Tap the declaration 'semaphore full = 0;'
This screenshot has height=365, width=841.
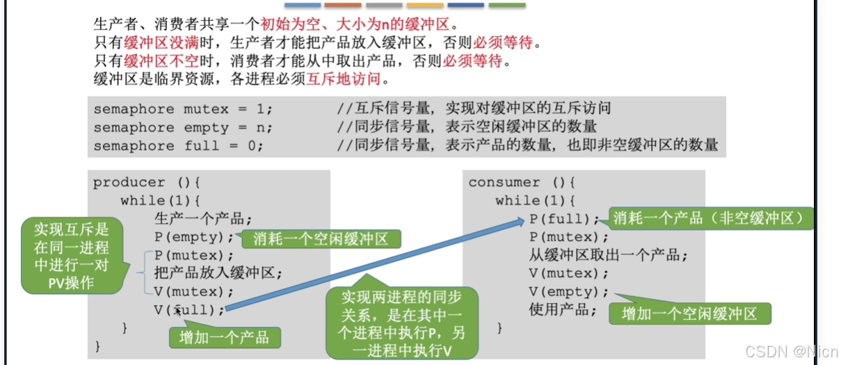pos(179,146)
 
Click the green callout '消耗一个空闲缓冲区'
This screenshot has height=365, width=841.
pos(321,239)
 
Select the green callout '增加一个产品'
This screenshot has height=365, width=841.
pos(224,338)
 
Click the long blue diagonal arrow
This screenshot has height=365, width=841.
pos(376,264)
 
